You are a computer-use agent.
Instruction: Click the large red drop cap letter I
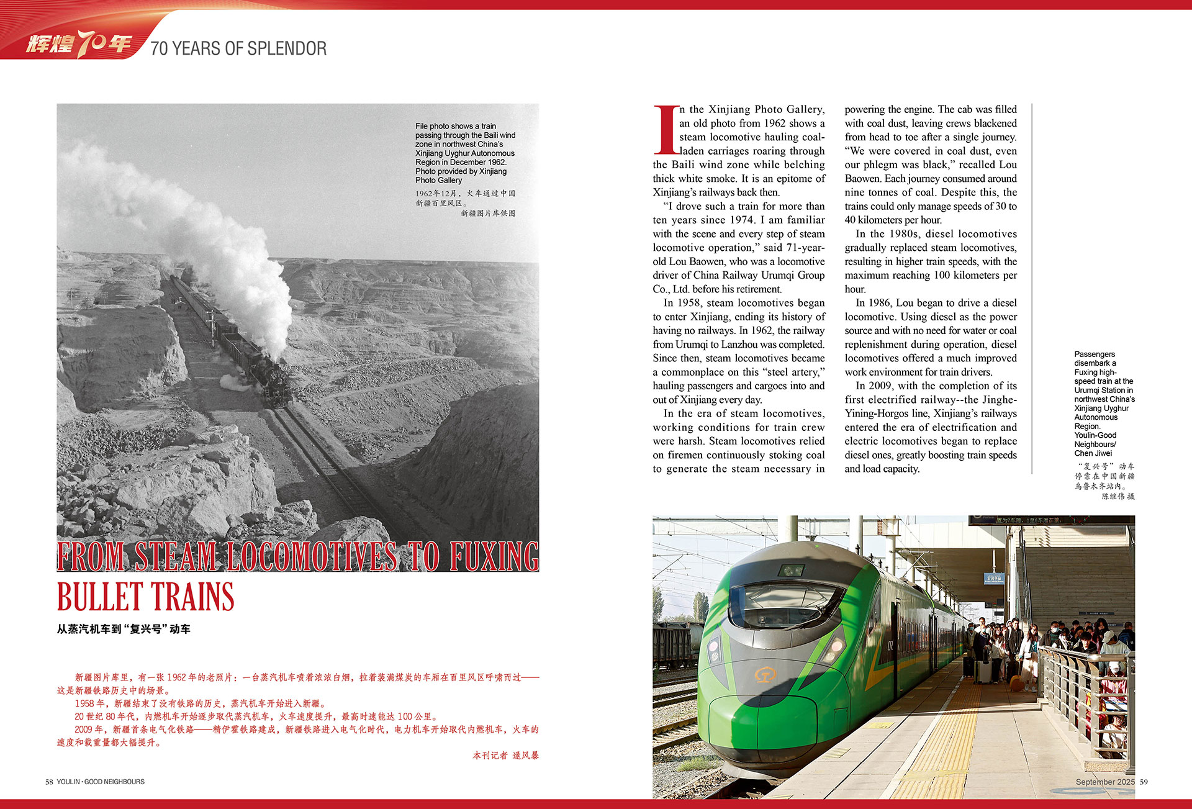(666, 130)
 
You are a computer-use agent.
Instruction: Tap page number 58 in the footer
(49, 782)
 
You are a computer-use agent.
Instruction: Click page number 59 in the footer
(1144, 782)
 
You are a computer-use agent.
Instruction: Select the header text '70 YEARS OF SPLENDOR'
(238, 48)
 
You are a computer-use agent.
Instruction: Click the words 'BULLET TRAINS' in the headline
(145, 597)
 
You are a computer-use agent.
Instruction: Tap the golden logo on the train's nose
(765, 674)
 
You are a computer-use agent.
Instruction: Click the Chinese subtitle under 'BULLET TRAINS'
(124, 629)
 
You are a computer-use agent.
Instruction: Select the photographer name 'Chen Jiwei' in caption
(1093, 453)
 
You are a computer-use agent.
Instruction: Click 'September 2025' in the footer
(1105, 782)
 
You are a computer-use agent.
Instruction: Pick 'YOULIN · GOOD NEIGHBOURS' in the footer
(101, 782)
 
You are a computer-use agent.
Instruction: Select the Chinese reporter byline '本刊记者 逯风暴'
(505, 756)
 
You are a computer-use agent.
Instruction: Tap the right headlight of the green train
(833, 649)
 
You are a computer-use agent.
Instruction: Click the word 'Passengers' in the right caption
(1095, 354)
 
